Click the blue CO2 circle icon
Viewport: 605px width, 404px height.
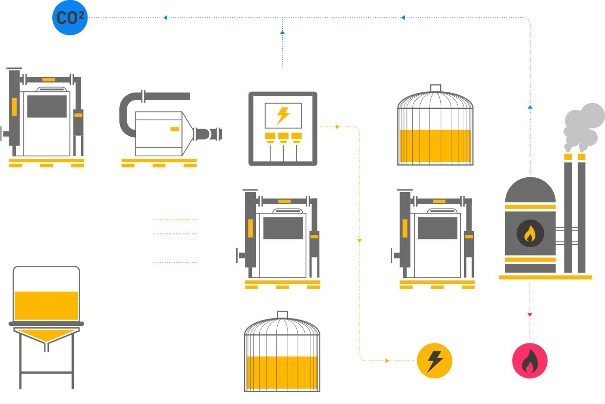70,18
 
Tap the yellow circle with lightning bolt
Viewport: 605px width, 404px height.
434,361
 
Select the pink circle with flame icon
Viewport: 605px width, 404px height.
530,361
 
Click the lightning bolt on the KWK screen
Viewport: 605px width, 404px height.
283,116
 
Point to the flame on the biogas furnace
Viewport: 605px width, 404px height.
530,234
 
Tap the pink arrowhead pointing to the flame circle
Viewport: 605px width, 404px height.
530,316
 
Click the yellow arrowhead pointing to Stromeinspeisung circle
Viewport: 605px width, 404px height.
387,361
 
